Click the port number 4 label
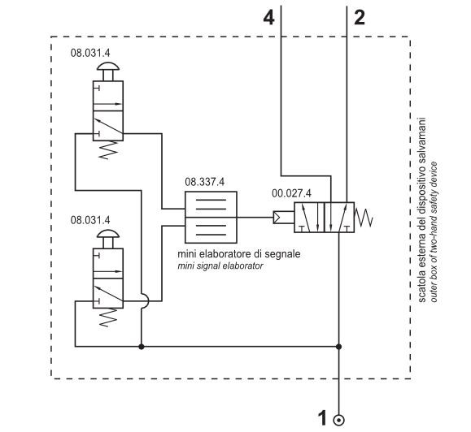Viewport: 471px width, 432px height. pyautogui.click(x=268, y=17)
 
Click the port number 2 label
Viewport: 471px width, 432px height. pyautogui.click(x=360, y=17)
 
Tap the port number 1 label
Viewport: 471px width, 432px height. pyautogui.click(x=322, y=418)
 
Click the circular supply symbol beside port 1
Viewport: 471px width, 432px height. pyautogui.click(x=339, y=421)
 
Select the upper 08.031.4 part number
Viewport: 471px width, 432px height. pyautogui.click(x=90, y=53)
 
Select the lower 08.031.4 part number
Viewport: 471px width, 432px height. pyautogui.click(x=90, y=220)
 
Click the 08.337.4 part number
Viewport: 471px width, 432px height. pyautogui.click(x=204, y=182)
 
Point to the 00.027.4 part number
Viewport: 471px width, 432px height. pyautogui.click(x=291, y=193)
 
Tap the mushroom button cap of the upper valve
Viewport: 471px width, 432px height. pyautogui.click(x=108, y=67)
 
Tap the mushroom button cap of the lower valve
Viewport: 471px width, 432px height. pyautogui.click(x=108, y=234)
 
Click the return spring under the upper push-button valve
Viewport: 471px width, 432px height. pyautogui.click(x=108, y=150)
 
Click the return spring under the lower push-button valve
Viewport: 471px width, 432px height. pyautogui.click(x=108, y=318)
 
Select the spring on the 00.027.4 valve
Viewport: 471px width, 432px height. pyautogui.click(x=364, y=218)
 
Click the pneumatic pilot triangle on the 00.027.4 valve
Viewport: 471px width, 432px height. pyautogui.click(x=277, y=218)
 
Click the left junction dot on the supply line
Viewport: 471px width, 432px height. pyautogui.click(x=142, y=347)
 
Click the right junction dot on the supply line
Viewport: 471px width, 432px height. pyautogui.click(x=339, y=347)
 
